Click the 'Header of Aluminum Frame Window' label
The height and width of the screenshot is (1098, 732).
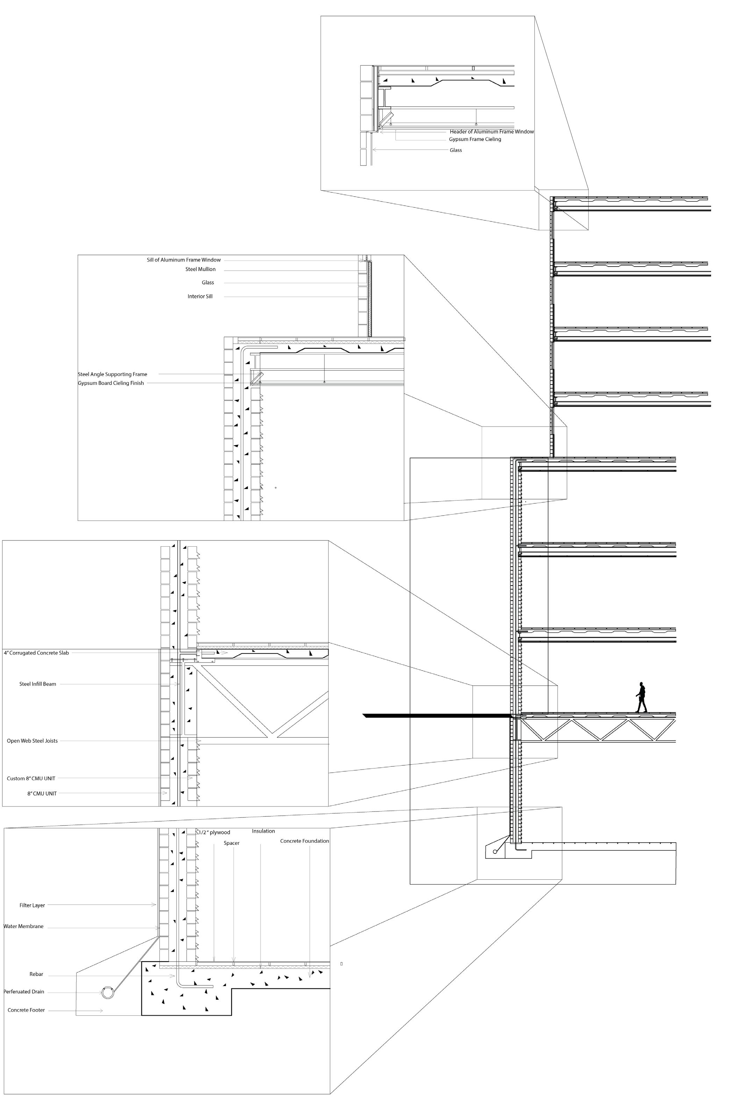coord(491,132)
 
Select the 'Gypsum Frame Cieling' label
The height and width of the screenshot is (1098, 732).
coord(475,139)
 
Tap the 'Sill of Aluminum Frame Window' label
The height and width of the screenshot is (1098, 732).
coord(184,260)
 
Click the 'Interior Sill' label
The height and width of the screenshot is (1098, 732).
coord(200,297)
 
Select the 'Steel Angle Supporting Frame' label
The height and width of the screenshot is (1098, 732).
coord(113,375)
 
